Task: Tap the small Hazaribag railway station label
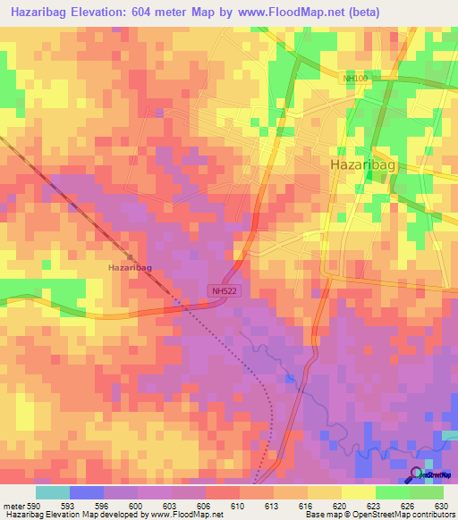pyautogui.click(x=130, y=267)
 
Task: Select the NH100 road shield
pyautogui.click(x=356, y=80)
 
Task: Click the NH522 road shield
pyautogui.click(x=225, y=290)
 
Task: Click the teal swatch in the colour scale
pyautogui.click(x=53, y=493)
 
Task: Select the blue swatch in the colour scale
pyautogui.click(x=87, y=493)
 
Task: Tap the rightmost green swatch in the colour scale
pyautogui.click(x=426, y=493)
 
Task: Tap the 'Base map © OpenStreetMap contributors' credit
pyautogui.click(x=378, y=514)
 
